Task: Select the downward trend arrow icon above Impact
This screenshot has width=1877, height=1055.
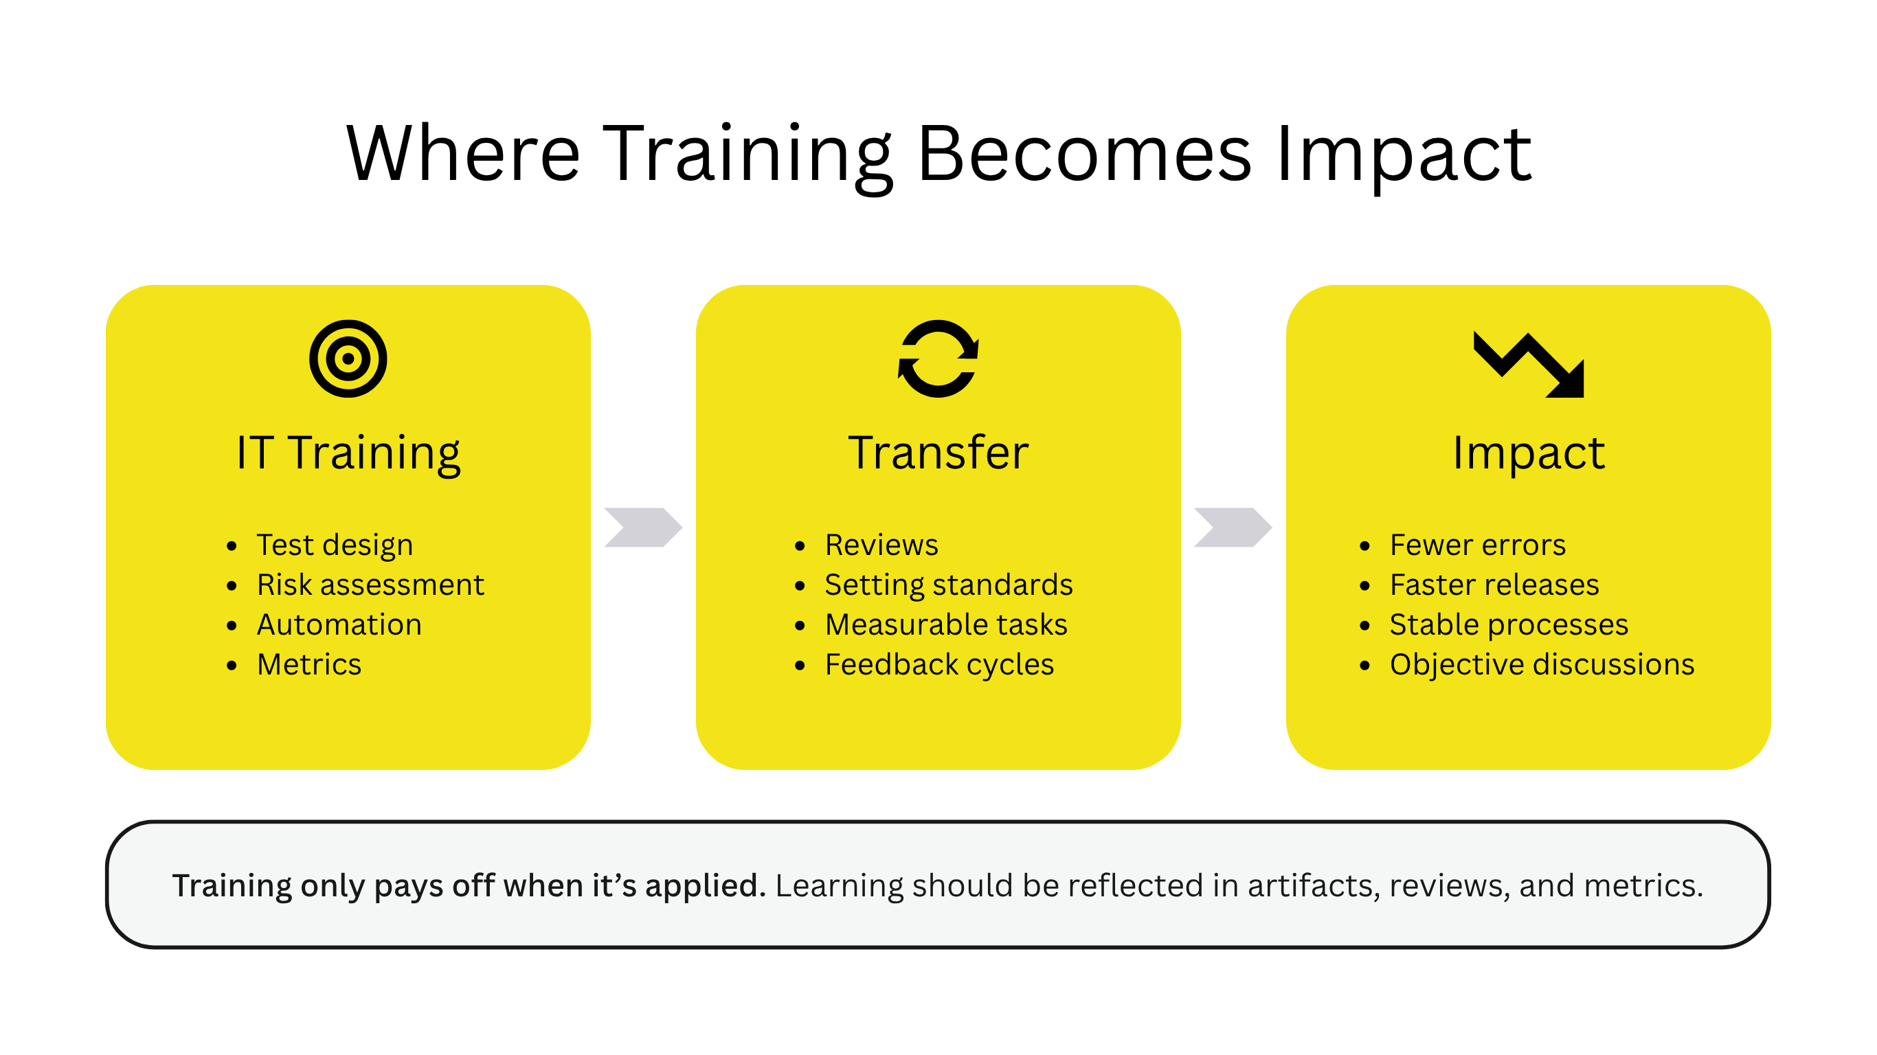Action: pos(1529,364)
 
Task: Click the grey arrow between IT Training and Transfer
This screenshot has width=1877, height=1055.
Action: pos(643,527)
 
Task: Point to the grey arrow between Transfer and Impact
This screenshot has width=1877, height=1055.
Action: pos(1233,527)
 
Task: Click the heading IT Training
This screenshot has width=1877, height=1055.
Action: pos(348,453)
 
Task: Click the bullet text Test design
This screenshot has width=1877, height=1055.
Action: pos(335,545)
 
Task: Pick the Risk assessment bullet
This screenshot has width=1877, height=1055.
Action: pos(370,585)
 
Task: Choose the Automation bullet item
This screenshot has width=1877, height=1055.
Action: pos(339,624)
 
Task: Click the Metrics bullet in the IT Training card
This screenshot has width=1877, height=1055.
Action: pos(309,664)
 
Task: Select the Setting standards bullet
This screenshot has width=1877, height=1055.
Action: pos(949,585)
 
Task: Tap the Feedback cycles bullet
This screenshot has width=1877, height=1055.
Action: pos(939,665)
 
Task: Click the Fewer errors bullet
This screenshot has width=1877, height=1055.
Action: pos(1478,545)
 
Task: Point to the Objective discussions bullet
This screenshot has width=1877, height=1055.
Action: pos(1542,665)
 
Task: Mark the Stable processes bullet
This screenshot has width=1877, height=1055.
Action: pos(1509,625)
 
